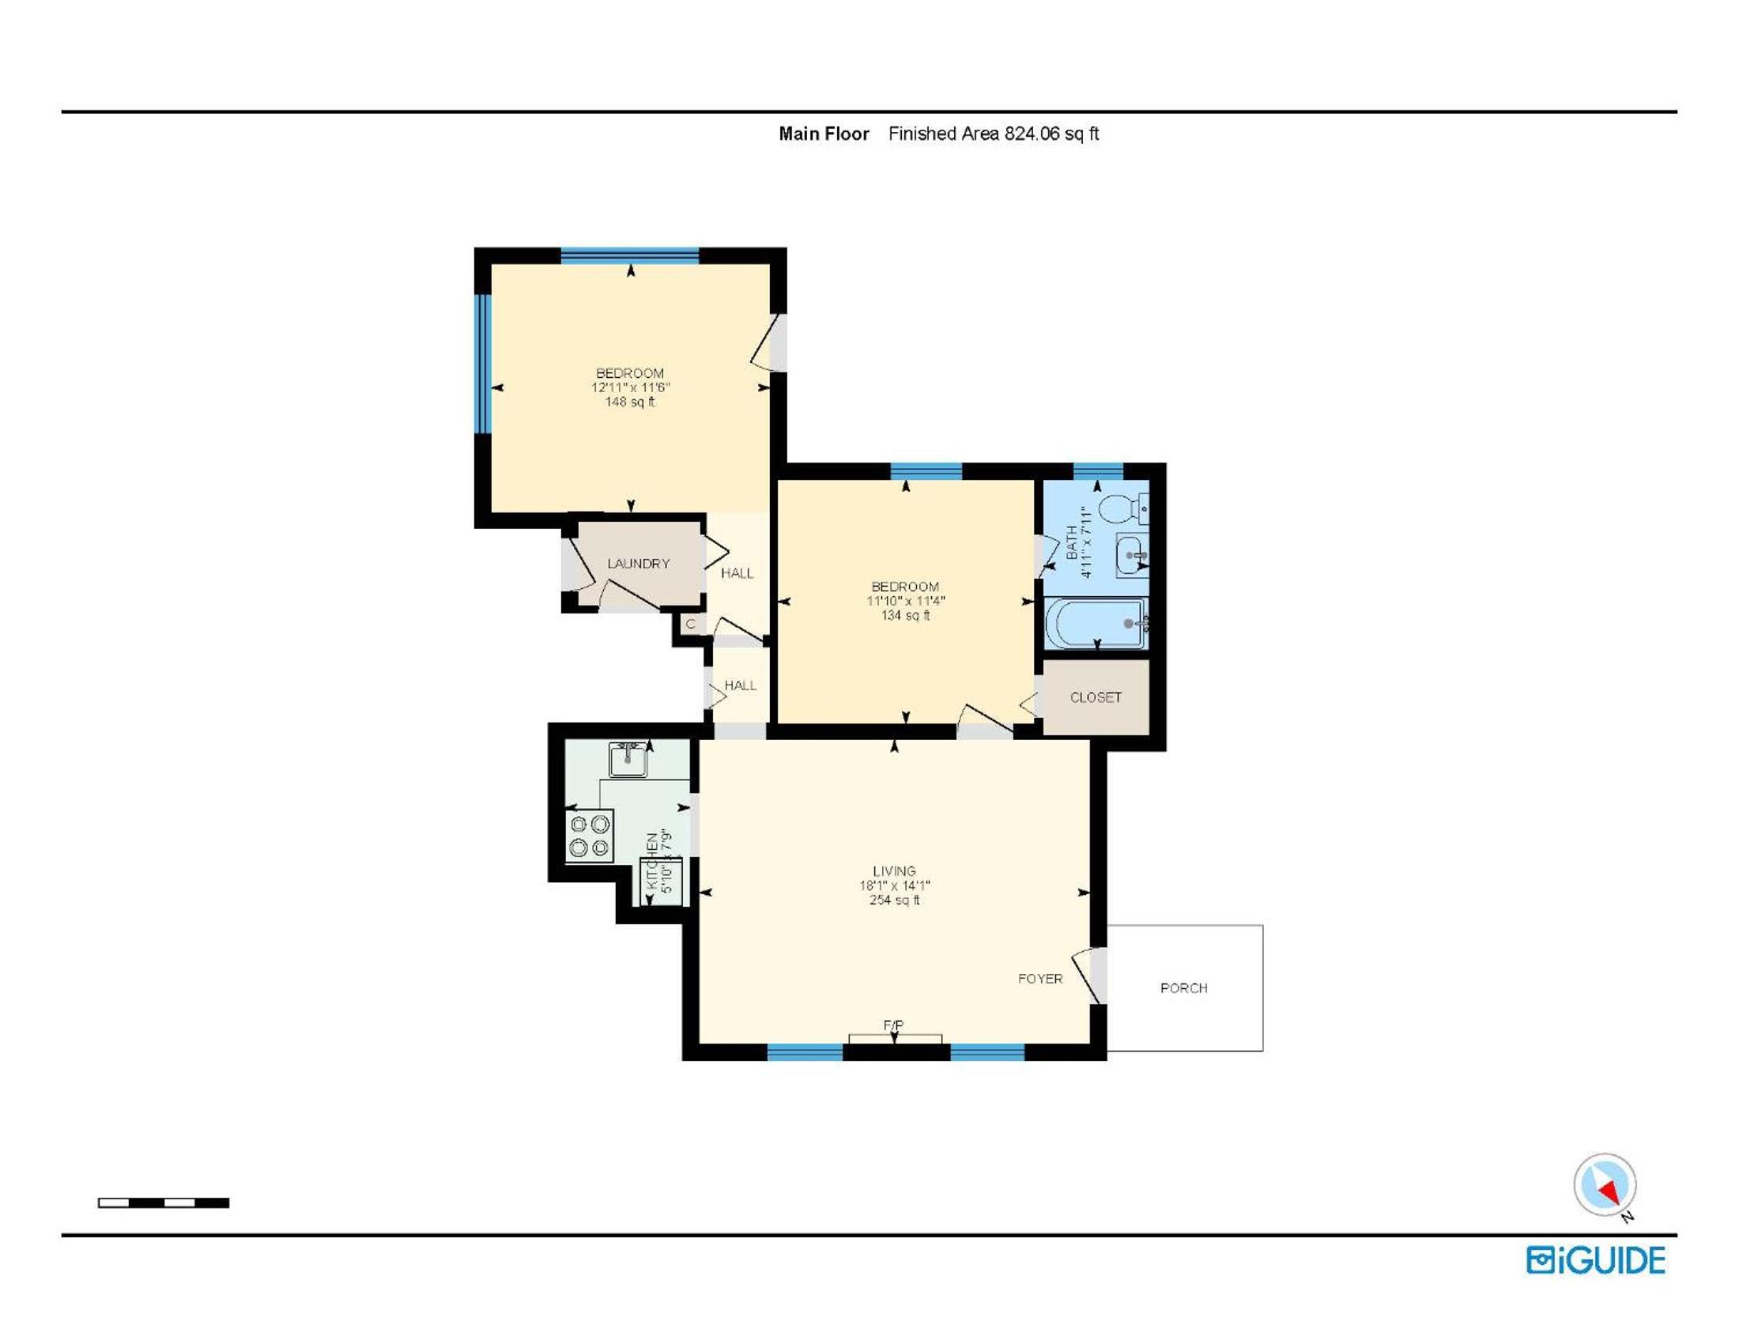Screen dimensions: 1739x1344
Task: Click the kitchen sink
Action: click(628, 759)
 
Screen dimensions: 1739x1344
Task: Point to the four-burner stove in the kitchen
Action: click(590, 834)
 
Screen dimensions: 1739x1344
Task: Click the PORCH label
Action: click(1183, 988)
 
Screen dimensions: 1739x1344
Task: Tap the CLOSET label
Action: click(1096, 697)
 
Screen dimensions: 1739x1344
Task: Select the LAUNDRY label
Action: click(638, 564)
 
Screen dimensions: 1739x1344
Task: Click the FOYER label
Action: click(1040, 979)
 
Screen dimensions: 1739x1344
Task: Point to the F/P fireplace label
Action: click(893, 1025)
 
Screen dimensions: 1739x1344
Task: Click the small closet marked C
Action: click(690, 625)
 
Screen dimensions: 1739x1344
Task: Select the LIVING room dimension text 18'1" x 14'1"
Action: click(894, 885)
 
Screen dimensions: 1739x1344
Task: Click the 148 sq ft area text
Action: click(630, 402)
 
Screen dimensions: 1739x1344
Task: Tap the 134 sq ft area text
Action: click(905, 615)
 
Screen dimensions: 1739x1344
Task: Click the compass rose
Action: click(1605, 1186)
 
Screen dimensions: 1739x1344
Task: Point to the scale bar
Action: click(164, 1203)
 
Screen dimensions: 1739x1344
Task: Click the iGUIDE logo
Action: click(1596, 1260)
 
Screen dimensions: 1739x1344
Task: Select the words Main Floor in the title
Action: click(824, 134)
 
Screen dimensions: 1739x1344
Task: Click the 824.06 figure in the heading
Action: click(1032, 134)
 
